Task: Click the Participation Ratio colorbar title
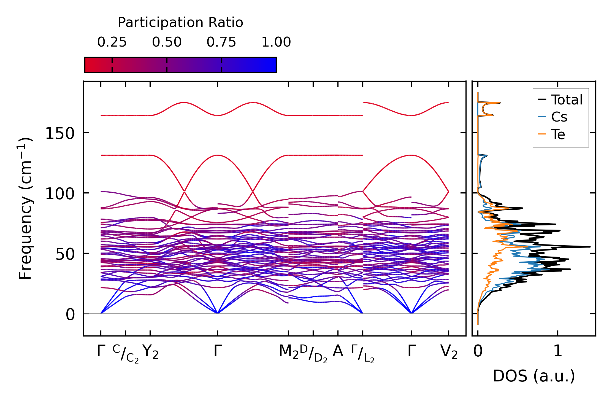pos(180,23)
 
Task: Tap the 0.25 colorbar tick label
pos(112,42)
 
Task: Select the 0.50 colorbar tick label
pos(167,42)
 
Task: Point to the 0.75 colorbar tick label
pos(221,42)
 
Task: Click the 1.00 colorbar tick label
pos(276,42)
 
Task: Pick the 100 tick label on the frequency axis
pos(60,194)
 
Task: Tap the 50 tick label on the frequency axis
pos(65,254)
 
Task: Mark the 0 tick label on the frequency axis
pos(70,315)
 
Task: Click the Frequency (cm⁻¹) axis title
pos(25,208)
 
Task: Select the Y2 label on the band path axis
pos(150,352)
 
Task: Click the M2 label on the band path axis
pos(288,352)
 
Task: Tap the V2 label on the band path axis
pos(449,352)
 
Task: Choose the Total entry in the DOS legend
pos(566,99)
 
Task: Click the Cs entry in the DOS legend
pos(559,117)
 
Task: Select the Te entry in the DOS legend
pos(558,134)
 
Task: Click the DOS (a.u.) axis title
pos(534,376)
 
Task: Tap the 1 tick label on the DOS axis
pos(558,351)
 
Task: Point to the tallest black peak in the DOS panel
pos(589,247)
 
